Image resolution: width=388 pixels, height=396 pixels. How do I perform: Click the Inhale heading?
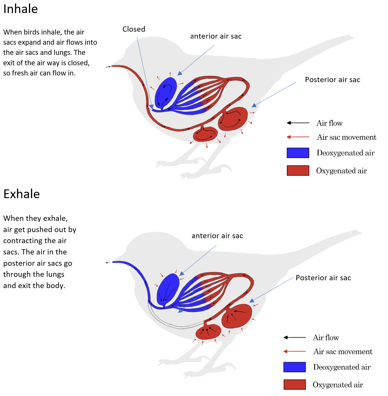[x=21, y=9]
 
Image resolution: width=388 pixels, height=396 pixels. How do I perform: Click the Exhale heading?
[x=21, y=194]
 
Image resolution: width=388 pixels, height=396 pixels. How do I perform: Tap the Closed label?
[x=134, y=29]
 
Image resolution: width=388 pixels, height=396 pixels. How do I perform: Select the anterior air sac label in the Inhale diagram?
[x=216, y=36]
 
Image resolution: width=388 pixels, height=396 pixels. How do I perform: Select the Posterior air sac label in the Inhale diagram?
[x=332, y=80]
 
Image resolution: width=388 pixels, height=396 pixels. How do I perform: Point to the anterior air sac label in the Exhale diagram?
[x=217, y=236]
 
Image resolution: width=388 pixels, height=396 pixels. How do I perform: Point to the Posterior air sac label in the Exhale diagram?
[x=323, y=278]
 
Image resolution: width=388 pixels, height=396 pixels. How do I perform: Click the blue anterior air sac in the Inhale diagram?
[x=166, y=91]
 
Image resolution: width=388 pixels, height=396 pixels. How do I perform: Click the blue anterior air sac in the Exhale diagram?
[x=168, y=289]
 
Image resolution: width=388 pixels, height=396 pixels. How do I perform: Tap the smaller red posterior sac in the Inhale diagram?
[x=205, y=134]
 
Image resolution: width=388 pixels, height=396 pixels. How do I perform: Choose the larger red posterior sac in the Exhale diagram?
[x=237, y=316]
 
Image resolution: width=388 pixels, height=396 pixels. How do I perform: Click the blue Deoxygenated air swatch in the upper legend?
[x=298, y=153]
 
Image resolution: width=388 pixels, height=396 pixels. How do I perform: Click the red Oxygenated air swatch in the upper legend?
[x=298, y=171]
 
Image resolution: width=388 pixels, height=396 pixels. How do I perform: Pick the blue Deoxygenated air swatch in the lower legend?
[x=294, y=367]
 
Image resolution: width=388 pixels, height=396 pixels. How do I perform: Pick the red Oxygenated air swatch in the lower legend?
[x=294, y=385]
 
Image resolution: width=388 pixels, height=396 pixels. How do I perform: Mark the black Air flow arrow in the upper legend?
[x=298, y=123]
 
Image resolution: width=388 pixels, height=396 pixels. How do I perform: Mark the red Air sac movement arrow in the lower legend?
[x=294, y=351]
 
